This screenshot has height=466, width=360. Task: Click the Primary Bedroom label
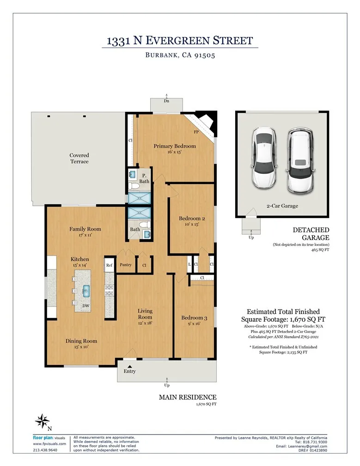pos(175,146)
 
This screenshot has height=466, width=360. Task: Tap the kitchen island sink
pos(86,291)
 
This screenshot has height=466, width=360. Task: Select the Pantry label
pos(126,264)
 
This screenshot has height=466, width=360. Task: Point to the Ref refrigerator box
pos(110,265)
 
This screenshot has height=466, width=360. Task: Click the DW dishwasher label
pos(86,306)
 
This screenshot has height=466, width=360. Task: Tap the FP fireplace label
pos(196,132)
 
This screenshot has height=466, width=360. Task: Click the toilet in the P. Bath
pos(134,186)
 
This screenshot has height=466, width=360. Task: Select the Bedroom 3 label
pos(194,318)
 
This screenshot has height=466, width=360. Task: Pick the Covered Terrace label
pos(79,158)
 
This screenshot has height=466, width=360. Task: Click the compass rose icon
pos(43,421)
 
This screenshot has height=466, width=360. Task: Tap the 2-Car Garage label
pos(282,206)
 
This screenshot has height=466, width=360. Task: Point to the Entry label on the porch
pos(130,371)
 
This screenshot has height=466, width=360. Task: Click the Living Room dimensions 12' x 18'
pos(145,323)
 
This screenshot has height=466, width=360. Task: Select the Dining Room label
pos(81,341)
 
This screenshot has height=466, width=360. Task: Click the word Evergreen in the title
pos(179,40)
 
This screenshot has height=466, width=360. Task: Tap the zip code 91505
pos(204,55)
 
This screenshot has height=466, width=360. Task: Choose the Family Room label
pos(85,229)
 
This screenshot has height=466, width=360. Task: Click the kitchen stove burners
pos(110,290)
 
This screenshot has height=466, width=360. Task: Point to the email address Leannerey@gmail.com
pos(307,446)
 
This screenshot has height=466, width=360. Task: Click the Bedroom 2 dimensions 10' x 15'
pos(192,224)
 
